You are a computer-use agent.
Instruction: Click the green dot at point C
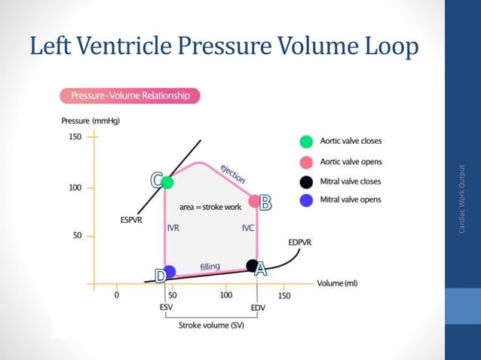tap(167, 182)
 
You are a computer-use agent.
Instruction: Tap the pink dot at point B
tap(256, 202)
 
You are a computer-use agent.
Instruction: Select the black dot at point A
tap(252, 265)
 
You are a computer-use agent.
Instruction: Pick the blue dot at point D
tap(170, 271)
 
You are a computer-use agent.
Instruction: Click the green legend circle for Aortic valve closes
tap(305, 141)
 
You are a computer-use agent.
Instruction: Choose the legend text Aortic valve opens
tap(351, 161)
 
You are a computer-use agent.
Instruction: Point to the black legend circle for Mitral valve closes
tap(305, 182)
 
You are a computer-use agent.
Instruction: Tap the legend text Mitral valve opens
tap(351, 200)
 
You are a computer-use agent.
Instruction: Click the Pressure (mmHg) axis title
tap(90, 121)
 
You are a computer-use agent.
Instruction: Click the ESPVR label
tap(132, 220)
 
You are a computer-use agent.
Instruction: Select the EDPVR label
tap(301, 243)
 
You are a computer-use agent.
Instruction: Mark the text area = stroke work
tap(210, 206)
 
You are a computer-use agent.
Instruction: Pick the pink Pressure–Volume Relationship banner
tap(130, 96)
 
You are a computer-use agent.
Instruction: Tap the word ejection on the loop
tap(232, 173)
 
